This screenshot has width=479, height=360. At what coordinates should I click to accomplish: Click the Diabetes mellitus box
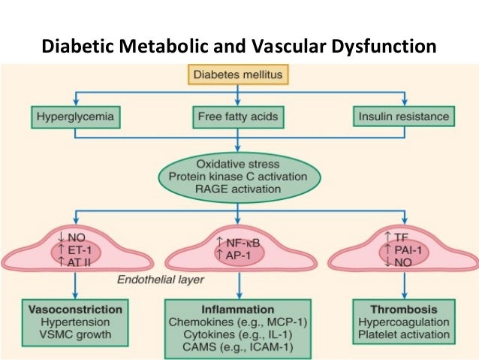238,76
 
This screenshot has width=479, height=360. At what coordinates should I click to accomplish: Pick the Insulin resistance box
404,116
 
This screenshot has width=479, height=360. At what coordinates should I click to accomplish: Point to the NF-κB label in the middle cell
242,243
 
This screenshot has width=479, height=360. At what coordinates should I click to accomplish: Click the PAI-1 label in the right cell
408,249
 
